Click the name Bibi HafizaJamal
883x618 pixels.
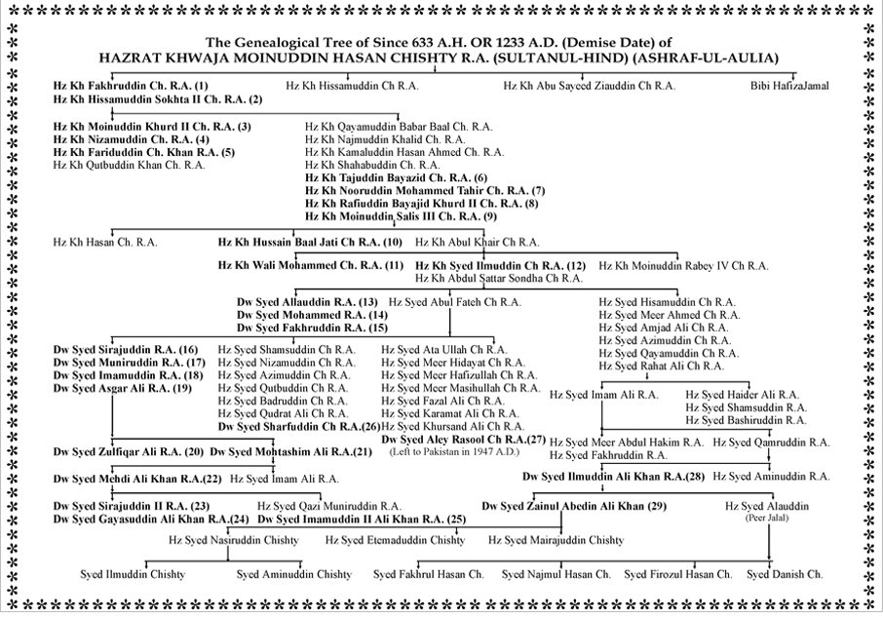pos(789,86)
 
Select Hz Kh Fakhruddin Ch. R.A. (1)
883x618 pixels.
pos(131,86)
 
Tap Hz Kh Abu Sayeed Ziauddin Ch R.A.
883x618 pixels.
pos(589,86)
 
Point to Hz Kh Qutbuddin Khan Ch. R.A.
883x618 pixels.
pos(129,165)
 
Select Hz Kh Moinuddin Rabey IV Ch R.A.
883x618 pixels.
pos(683,265)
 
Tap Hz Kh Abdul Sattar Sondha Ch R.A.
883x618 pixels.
pos(499,278)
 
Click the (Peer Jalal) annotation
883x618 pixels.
pos(769,518)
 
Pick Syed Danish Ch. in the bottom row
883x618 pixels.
pos(785,574)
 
